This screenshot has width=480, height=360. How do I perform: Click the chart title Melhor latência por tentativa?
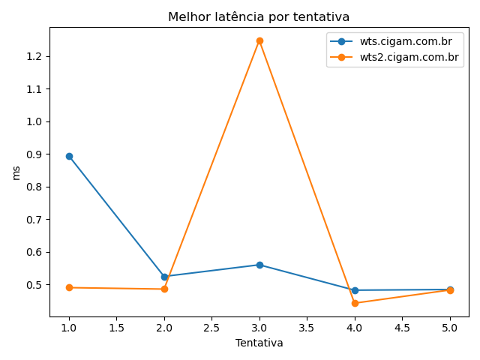coord(259,16)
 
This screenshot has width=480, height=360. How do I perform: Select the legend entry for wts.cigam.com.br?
coord(405,42)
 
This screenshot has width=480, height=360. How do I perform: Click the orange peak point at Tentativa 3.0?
coord(259,40)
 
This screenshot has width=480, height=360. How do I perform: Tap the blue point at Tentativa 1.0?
coord(69,156)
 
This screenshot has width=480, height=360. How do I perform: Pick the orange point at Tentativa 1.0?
coord(69,287)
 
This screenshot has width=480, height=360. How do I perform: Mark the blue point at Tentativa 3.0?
coord(259,265)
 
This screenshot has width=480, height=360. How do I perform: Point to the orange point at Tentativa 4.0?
coord(355,303)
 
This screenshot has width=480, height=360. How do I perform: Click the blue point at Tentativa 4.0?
coord(355,290)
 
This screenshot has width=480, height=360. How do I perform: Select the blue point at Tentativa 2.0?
coord(164,277)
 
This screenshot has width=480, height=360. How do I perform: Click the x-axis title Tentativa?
coord(259,343)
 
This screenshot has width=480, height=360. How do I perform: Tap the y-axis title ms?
coord(16,172)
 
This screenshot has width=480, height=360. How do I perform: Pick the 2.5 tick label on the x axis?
coord(211,327)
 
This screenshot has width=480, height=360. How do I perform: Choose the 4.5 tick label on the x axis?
coord(402,327)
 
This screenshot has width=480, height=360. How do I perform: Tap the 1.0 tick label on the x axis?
coord(69,327)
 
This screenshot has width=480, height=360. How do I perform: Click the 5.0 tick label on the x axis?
coord(450,327)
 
